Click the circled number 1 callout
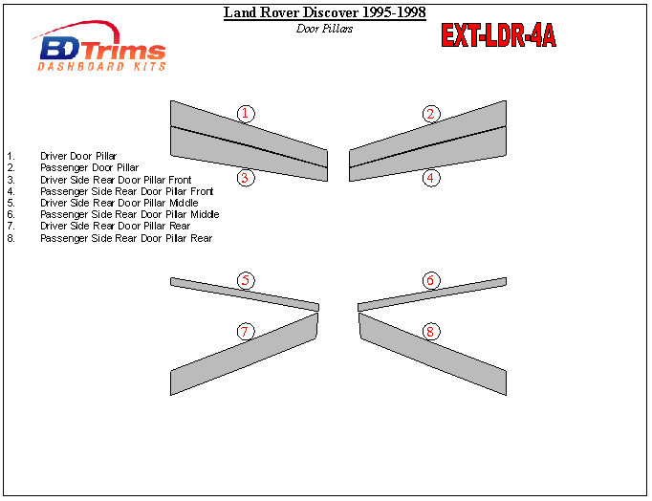[x=246, y=114]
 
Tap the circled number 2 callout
[x=431, y=114]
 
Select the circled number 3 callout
[x=246, y=178]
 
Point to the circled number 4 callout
[x=431, y=178]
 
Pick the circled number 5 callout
[x=246, y=280]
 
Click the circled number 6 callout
[x=431, y=280]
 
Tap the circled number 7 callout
[x=246, y=332]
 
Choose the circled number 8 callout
[x=431, y=332]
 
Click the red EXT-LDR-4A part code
[x=498, y=35]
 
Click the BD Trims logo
[x=99, y=46]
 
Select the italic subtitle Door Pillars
[x=324, y=29]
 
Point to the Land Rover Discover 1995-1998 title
[x=325, y=12]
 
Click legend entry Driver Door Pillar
[x=78, y=157]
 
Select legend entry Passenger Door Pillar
[x=90, y=167]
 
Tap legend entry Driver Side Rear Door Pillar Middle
[x=120, y=203]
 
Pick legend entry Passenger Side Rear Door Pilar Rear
[x=126, y=238]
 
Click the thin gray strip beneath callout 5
[x=245, y=294]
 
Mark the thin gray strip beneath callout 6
[x=432, y=294]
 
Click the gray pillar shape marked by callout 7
[x=245, y=354]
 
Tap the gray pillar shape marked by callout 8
[x=432, y=354]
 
